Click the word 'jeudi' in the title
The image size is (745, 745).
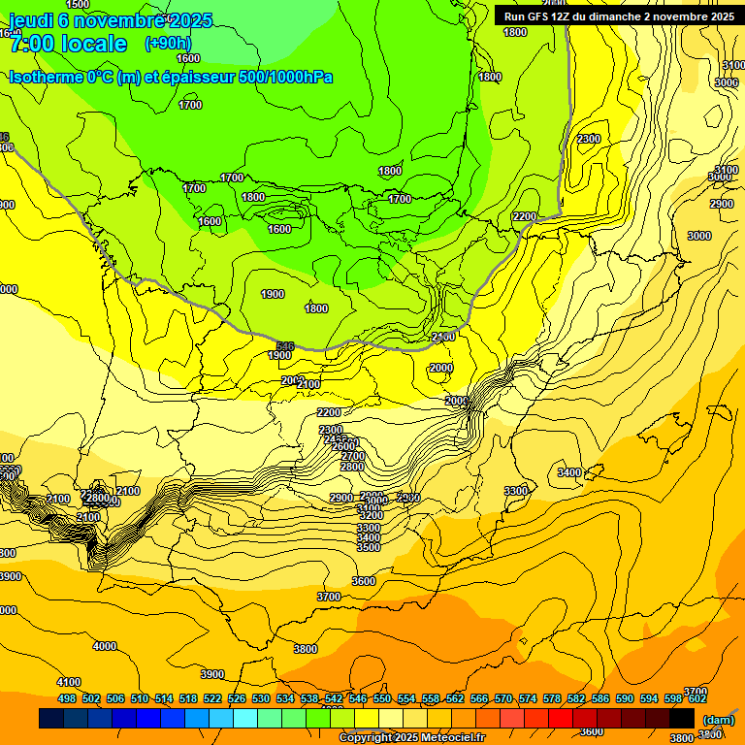(x=31, y=20)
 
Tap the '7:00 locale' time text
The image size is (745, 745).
(x=68, y=44)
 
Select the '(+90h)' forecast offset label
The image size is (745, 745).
(x=168, y=43)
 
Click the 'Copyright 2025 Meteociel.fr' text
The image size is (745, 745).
(x=411, y=738)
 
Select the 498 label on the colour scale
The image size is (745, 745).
(x=67, y=698)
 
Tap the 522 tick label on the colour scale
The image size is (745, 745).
(x=212, y=698)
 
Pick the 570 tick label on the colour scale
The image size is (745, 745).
(x=503, y=698)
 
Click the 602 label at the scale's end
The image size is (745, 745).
(x=697, y=698)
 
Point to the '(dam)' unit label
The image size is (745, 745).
(x=718, y=720)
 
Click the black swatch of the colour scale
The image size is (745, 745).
(x=682, y=719)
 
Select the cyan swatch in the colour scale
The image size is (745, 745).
(x=245, y=719)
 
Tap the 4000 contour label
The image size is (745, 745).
(x=104, y=646)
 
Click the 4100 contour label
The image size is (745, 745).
(x=69, y=683)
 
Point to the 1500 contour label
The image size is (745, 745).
(x=78, y=5)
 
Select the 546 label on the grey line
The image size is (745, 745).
(x=285, y=346)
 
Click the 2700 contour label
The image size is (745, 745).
(x=353, y=456)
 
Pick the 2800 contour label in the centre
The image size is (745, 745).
(x=351, y=468)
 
